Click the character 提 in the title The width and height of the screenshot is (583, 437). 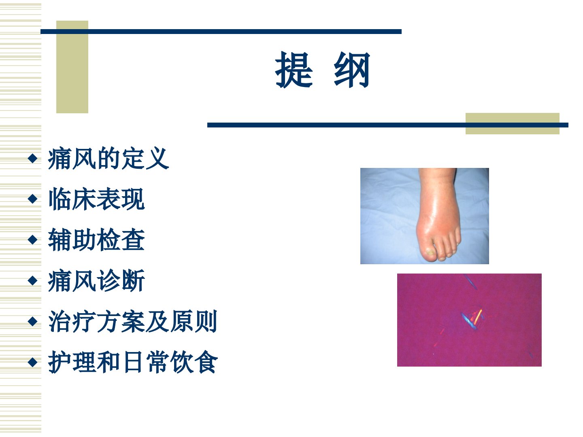point(294,70)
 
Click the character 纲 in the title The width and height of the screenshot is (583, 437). point(352,70)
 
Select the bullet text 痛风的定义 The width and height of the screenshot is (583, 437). point(109,158)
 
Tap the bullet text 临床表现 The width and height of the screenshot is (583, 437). point(96,199)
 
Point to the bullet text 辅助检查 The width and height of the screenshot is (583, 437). point(96,240)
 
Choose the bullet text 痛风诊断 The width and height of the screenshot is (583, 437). point(96,280)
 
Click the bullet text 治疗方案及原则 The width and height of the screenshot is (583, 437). point(133,321)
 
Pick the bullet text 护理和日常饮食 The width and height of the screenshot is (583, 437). point(133,362)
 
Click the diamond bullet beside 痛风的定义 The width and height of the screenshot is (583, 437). point(32,158)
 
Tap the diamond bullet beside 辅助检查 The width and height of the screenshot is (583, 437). point(32,240)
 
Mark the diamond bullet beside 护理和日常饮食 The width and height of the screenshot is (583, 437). point(32,362)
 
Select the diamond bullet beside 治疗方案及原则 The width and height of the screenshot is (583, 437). point(32,321)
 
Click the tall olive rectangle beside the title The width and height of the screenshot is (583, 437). point(72,67)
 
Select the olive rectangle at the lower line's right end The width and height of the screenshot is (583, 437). point(512,124)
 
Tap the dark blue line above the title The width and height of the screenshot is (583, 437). point(221,32)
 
